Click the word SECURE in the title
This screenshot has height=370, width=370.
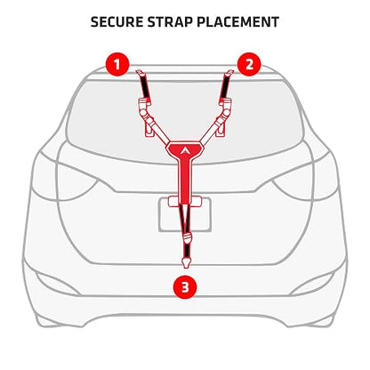(117, 22)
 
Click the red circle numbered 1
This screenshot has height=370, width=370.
(117, 64)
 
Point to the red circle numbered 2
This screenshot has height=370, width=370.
(249, 64)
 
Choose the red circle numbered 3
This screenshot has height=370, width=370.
(185, 287)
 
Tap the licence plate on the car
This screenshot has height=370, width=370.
(185, 214)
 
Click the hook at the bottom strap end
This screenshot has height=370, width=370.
(186, 263)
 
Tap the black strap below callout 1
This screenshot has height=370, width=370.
(144, 86)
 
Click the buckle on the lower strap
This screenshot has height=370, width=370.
(187, 237)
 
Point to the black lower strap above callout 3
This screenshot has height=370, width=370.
(187, 250)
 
